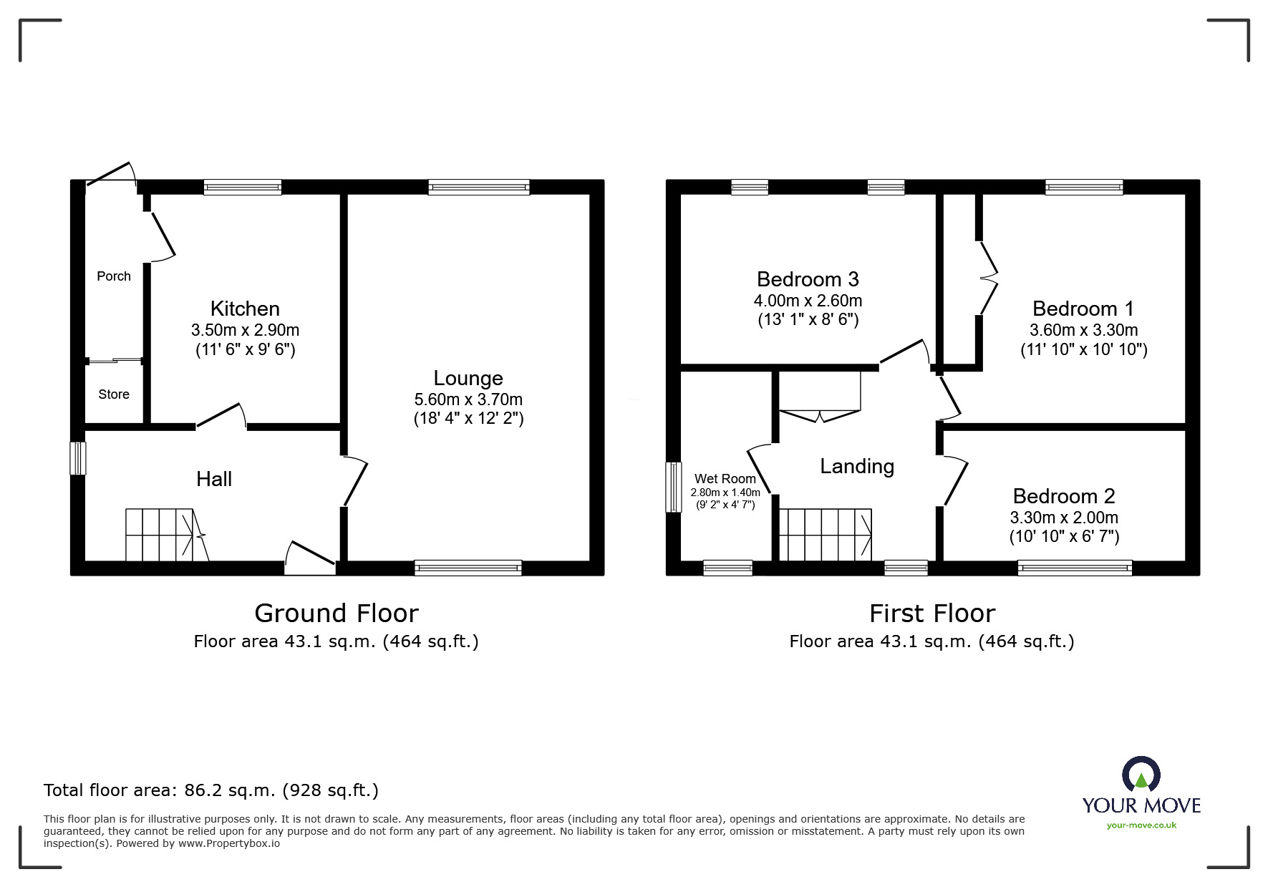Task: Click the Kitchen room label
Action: tap(245, 309)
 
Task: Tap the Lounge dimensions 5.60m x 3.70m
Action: tap(468, 399)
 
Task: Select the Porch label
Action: tap(114, 276)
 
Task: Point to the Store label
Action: tap(114, 394)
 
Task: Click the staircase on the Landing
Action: tap(825, 535)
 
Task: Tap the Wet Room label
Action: tap(725, 479)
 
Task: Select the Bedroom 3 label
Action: tap(807, 278)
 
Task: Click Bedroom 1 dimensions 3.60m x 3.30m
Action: tap(1083, 330)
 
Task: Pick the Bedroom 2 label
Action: tap(1063, 496)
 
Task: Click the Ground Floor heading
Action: tap(336, 614)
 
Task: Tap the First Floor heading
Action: tap(931, 614)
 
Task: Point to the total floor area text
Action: tap(211, 790)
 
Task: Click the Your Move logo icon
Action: tap(1141, 775)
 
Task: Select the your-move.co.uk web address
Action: tap(1141, 825)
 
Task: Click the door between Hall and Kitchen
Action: tap(221, 417)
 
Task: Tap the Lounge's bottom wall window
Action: tap(468, 568)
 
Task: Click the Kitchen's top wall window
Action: tap(242, 188)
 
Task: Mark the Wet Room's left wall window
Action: tap(674, 487)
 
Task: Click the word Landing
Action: tap(857, 467)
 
